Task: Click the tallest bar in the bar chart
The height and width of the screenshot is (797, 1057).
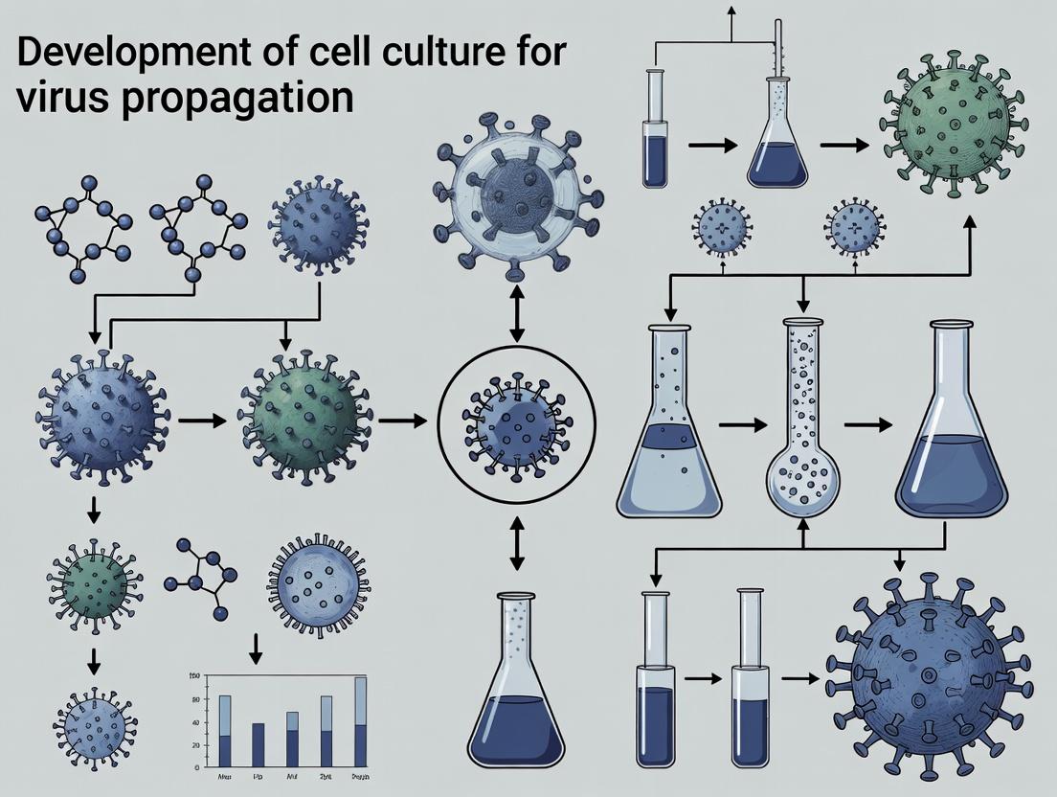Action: point(360,721)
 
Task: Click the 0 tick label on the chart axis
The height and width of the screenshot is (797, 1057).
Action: point(196,766)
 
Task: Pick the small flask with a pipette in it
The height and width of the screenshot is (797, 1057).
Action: point(777,134)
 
